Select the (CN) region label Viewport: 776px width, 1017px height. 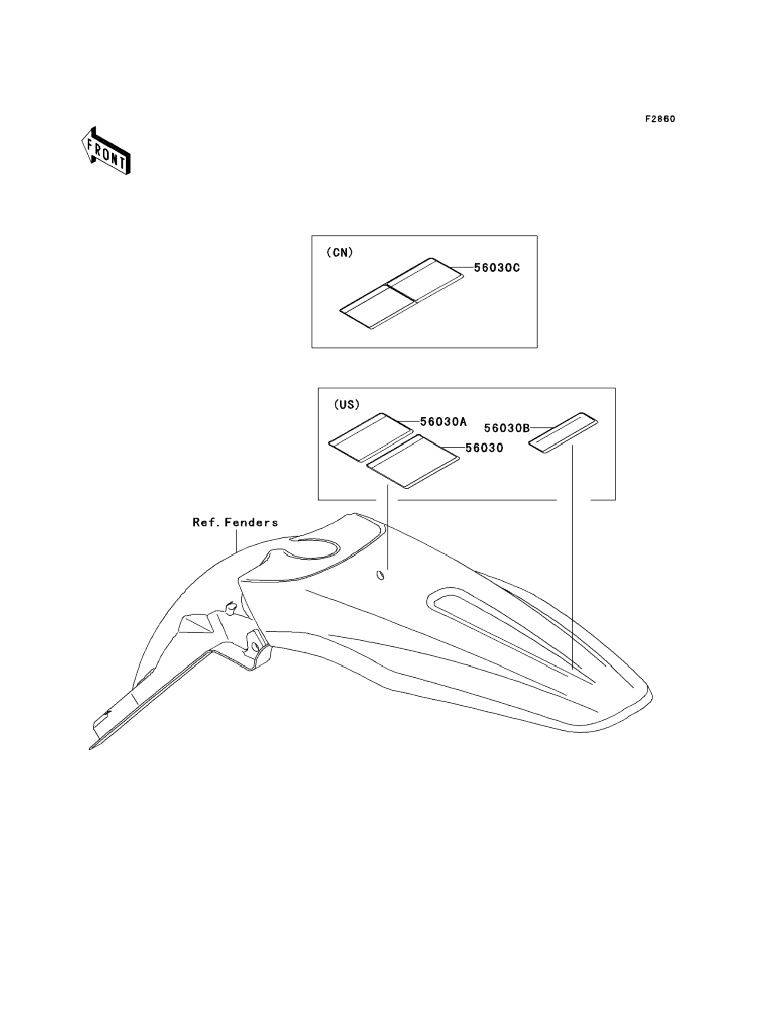click(339, 252)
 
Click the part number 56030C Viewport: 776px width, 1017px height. click(497, 268)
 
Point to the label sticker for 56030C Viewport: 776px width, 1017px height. click(402, 293)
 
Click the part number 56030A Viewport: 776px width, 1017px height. click(443, 422)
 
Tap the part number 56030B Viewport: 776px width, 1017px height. click(507, 428)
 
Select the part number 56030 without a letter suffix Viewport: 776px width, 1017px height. click(484, 448)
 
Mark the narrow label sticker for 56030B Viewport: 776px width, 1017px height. click(564, 433)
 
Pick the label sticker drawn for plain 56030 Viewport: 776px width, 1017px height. click(413, 461)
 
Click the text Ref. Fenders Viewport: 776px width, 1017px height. click(235, 522)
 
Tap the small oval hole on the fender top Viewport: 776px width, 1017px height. click(381, 575)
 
